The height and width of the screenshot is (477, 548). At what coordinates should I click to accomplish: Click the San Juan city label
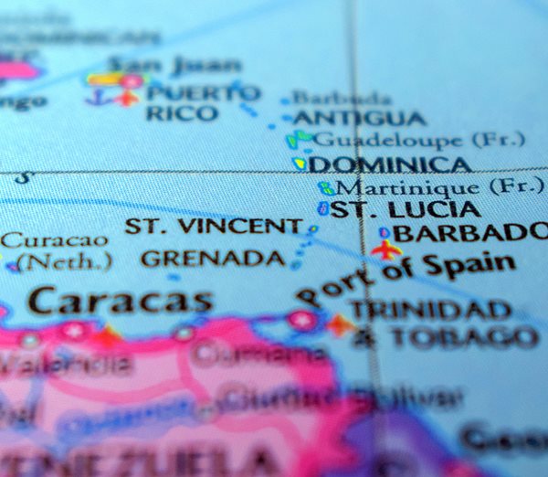click(x=174, y=65)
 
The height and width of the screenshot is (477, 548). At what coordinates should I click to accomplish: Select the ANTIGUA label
click(x=359, y=119)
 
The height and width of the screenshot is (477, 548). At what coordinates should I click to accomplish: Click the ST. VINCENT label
click(x=213, y=226)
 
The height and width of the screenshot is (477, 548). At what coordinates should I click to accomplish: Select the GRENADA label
click(x=213, y=259)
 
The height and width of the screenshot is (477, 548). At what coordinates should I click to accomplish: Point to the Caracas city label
click(x=120, y=300)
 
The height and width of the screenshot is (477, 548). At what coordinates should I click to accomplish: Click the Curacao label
click(x=54, y=240)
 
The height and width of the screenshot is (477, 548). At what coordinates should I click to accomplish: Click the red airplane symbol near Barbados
click(x=386, y=249)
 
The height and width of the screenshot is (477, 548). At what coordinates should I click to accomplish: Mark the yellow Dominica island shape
click(x=300, y=164)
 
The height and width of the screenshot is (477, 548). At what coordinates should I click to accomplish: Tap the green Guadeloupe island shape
click(x=298, y=139)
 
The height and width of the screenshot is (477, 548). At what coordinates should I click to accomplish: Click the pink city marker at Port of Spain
click(x=302, y=320)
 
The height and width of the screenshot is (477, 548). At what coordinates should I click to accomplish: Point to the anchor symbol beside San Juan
click(x=95, y=96)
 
